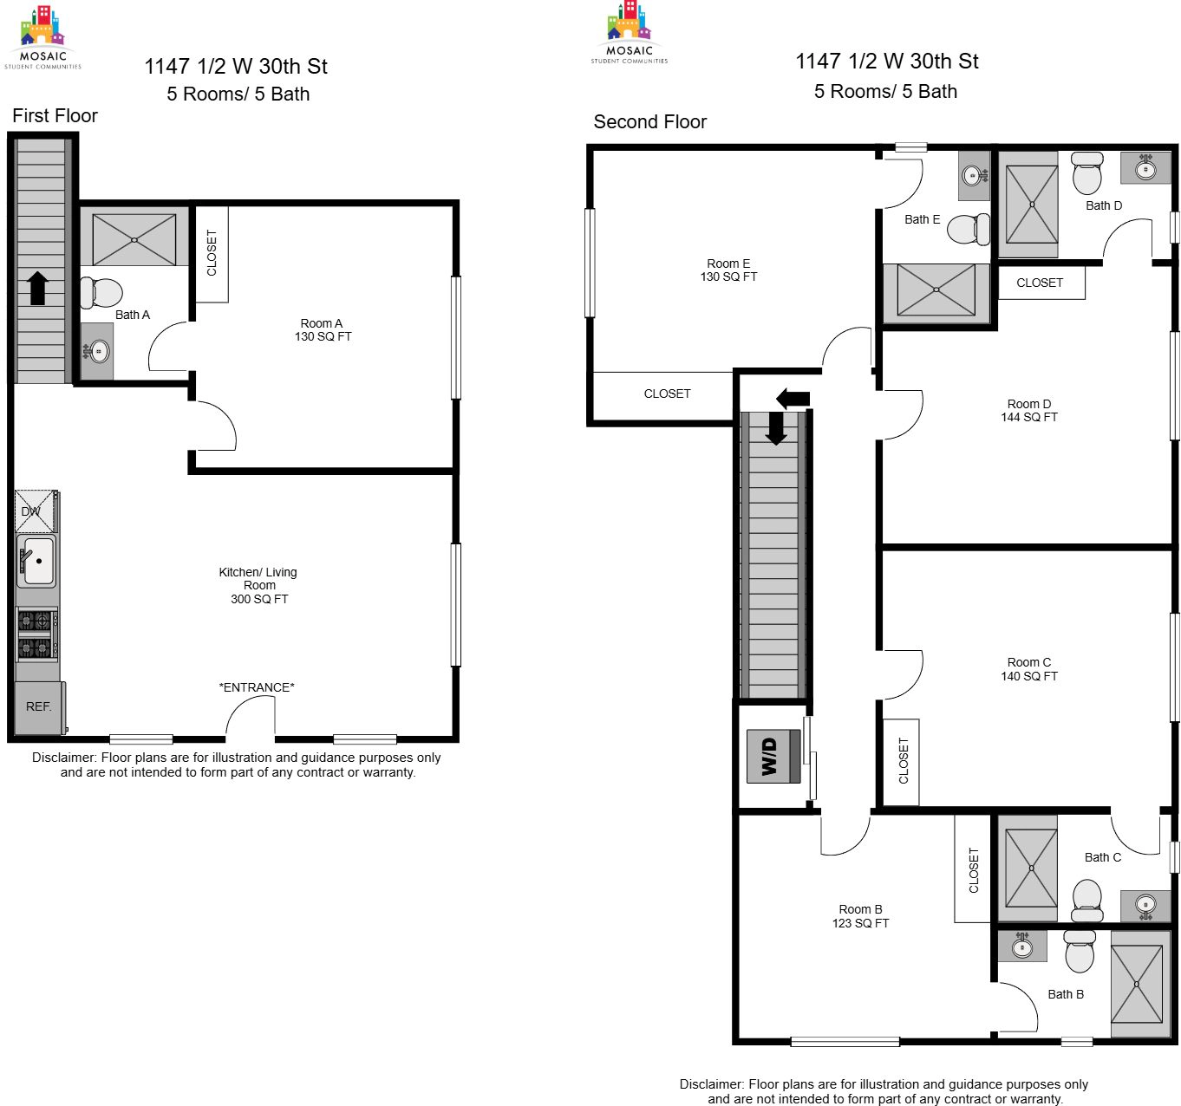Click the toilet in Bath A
pos(101,293)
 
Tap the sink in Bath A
pos(97,351)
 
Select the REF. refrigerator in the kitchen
pos(40,707)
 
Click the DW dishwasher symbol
pos(36,511)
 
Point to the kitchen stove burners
pos(37,634)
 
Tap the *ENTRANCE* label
pos(257,687)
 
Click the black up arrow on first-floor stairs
pos(38,288)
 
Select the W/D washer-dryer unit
pos(773,756)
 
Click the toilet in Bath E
pos(968,229)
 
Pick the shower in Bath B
pos(1137,984)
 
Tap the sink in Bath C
pos(1145,906)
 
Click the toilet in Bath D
pos(1087,172)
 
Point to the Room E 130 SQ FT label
pos(728,270)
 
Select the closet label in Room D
pos(1040,283)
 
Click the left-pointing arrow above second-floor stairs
pos(793,399)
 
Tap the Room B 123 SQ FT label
pos(860,915)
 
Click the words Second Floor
pos(650,121)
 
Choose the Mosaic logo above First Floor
pos(42,37)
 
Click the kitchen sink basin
pos(37,561)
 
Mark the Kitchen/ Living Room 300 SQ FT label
pos(258,585)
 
